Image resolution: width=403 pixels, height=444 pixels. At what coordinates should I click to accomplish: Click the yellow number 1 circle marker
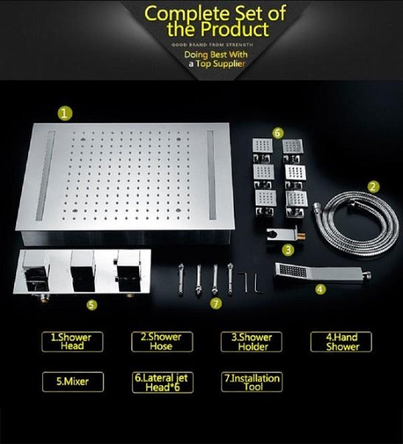(x=66, y=113)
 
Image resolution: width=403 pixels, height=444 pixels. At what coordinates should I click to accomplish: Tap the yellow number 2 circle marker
(x=373, y=186)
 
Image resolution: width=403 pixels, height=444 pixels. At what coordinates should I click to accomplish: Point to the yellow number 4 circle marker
(x=319, y=289)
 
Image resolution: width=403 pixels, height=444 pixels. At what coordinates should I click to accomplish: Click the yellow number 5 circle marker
(x=91, y=303)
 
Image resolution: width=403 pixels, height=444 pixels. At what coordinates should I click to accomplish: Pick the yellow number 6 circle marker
(x=277, y=132)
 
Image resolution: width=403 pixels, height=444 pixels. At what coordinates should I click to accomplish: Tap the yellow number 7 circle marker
(x=214, y=303)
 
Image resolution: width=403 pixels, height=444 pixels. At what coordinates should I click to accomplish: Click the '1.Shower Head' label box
(x=72, y=341)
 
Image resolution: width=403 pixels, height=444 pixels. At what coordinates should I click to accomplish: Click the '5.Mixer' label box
(x=72, y=382)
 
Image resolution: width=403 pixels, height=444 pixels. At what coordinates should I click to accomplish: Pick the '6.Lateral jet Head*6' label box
(x=160, y=382)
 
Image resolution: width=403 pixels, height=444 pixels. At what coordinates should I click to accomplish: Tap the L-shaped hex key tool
(x=252, y=281)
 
